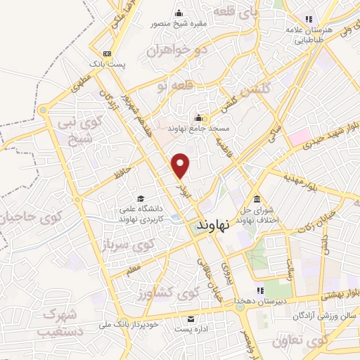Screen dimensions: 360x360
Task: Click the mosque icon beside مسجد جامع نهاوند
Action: (x=199, y=117)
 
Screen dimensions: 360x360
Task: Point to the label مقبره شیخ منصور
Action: (x=180, y=23)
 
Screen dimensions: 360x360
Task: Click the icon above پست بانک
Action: (x=107, y=54)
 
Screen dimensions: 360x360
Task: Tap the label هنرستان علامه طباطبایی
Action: (x=304, y=35)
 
